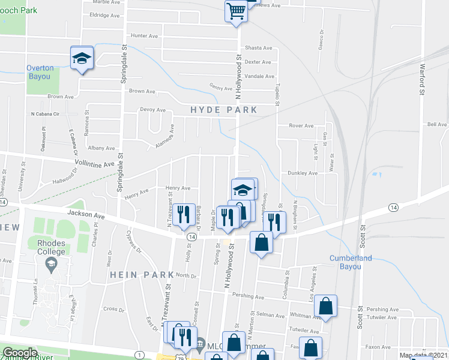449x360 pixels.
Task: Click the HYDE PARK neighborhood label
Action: point(224,110)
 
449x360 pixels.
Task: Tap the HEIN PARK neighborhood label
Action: point(141,274)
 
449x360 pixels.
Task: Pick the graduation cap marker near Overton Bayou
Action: point(82,58)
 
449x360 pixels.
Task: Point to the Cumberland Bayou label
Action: point(351,262)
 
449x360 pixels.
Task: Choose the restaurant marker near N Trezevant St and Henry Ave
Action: point(184,214)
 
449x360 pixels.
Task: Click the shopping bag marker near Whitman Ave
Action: point(325,305)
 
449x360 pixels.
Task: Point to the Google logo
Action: point(20,353)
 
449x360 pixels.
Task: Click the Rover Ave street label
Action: point(301,125)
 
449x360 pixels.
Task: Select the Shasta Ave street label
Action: point(258,48)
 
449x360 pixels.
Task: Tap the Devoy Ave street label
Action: point(152,110)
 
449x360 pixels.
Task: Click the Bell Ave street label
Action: point(437,124)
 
